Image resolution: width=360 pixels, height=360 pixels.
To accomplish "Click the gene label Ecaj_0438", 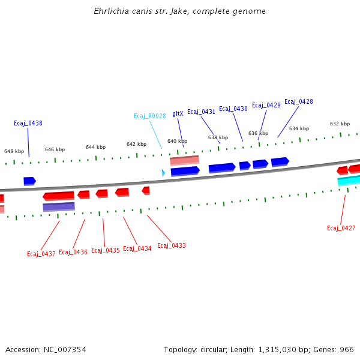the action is (x=28, y=123).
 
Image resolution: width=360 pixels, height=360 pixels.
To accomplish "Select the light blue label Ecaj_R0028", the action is (x=150, y=116).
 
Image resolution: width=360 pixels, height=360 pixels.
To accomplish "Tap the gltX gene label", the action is (x=178, y=113).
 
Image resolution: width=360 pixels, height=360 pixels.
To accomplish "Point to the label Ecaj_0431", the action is (x=201, y=112).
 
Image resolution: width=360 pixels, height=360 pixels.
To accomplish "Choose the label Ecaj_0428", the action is (x=298, y=101).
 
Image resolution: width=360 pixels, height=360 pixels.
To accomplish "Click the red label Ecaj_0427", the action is (x=341, y=228).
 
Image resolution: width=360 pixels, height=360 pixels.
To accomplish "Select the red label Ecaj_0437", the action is (x=41, y=254).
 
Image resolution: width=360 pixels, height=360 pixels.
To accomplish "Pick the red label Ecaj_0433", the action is (x=172, y=245).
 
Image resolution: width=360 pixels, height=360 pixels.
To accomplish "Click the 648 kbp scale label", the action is (x=14, y=151).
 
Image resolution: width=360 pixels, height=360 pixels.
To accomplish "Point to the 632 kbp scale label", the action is (x=340, y=124).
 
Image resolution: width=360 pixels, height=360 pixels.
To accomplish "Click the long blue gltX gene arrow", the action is (x=185, y=171).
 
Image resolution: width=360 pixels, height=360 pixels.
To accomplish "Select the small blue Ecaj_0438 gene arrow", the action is (x=29, y=181).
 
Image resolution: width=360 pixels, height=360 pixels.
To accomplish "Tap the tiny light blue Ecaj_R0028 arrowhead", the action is (x=163, y=173).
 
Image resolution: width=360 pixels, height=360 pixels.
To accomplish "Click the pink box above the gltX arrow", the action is (x=184, y=160).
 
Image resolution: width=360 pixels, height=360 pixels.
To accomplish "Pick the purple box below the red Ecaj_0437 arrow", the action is (x=59, y=207).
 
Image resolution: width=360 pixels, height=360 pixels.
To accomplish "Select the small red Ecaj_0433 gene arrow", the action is (x=146, y=190).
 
